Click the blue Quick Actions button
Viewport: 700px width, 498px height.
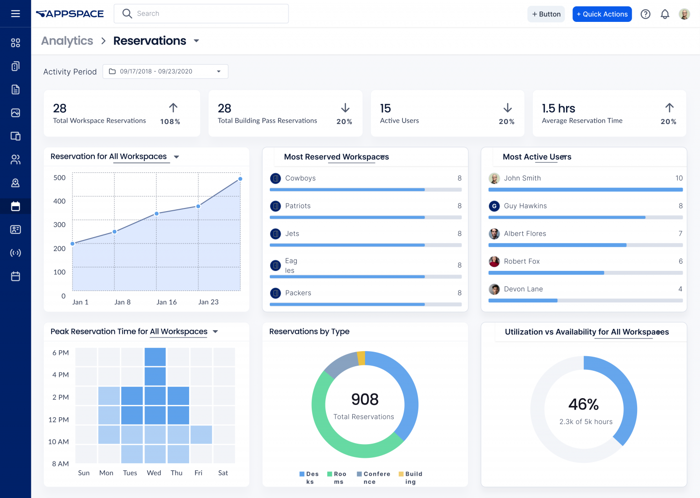tap(602, 14)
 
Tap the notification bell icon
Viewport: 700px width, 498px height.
tap(665, 14)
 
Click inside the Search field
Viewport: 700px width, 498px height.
tap(205, 14)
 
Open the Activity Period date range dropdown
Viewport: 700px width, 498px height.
tap(165, 72)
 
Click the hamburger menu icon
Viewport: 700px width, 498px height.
tap(15, 14)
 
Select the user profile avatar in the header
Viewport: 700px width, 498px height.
tap(684, 14)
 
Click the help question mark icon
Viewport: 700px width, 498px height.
tap(645, 14)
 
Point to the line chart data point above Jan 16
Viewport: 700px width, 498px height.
tap(156, 213)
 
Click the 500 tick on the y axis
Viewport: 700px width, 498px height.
tap(59, 178)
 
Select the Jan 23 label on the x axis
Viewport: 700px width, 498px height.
tap(208, 302)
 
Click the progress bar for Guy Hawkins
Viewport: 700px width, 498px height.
tap(585, 218)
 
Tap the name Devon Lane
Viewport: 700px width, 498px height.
tap(523, 289)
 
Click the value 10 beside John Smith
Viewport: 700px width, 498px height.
tap(679, 178)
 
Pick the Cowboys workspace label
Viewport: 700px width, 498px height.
tap(300, 178)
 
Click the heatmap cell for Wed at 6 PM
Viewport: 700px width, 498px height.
tap(155, 357)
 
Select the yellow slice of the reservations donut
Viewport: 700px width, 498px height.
tap(361, 358)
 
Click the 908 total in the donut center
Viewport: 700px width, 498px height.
tap(365, 399)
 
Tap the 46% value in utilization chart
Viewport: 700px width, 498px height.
tap(583, 405)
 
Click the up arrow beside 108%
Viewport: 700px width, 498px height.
tap(173, 108)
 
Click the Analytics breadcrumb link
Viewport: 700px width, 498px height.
tap(67, 41)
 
